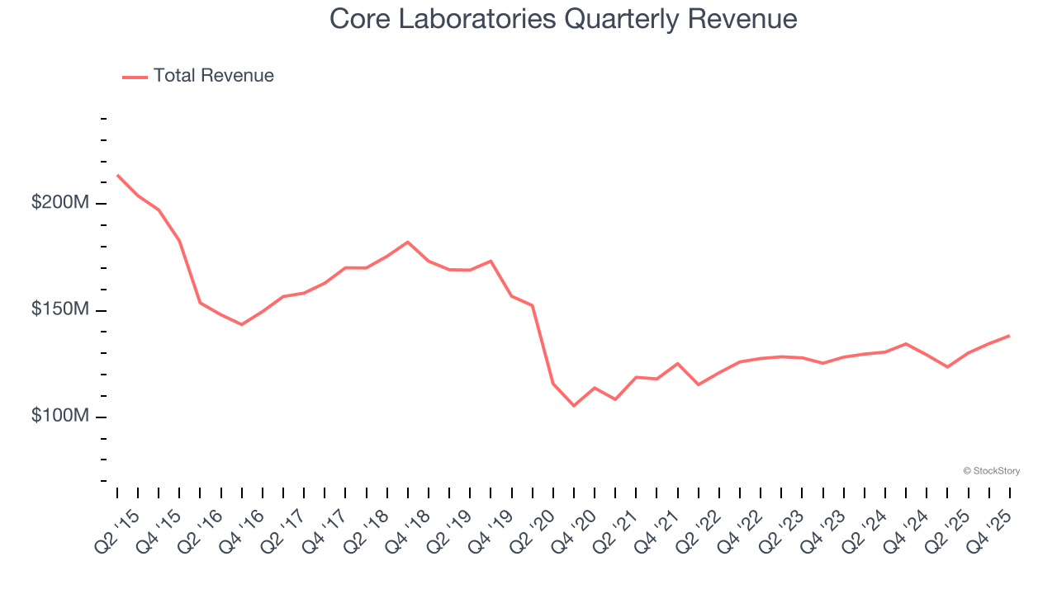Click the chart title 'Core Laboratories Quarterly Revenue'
coord(563,19)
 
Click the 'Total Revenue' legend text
coord(213,76)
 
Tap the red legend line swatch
coord(135,77)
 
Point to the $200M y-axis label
coord(59,203)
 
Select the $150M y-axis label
coord(59,309)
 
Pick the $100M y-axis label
coord(59,416)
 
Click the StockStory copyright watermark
coord(991,471)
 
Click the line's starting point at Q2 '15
coord(117,175)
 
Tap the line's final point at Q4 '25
coord(1009,336)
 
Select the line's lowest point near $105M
coord(574,406)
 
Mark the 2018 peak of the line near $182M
coord(408,242)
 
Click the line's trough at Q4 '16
coord(241,324)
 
